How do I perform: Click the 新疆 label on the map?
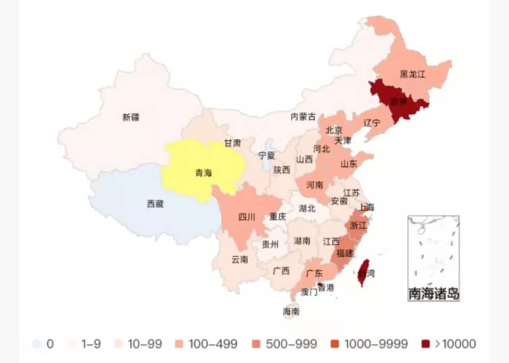click(x=131, y=118)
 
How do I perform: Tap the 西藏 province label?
click(x=155, y=204)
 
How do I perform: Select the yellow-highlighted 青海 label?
click(x=204, y=173)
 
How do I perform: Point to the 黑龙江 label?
click(x=412, y=74)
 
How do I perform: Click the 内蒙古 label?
click(x=303, y=116)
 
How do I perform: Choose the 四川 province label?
click(x=247, y=216)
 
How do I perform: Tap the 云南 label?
click(x=240, y=259)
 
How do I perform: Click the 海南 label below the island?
click(x=290, y=311)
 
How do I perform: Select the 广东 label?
click(x=314, y=273)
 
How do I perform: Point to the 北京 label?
click(x=334, y=131)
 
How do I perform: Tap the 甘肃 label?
click(x=232, y=143)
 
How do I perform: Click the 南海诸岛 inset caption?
click(x=433, y=294)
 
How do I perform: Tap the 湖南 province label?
click(x=302, y=240)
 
